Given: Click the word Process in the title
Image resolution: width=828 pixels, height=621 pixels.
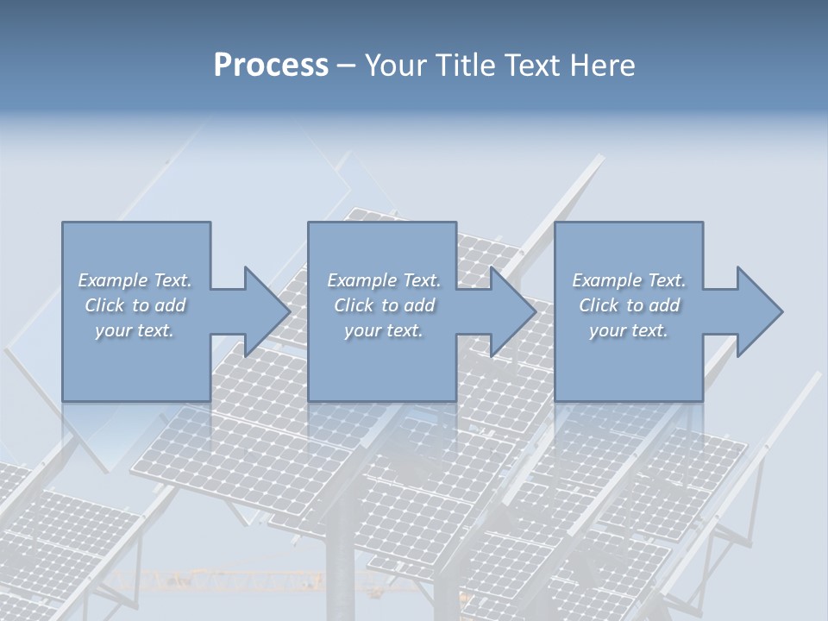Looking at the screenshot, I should [271, 66].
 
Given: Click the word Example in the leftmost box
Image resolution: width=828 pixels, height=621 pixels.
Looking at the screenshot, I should [113, 280].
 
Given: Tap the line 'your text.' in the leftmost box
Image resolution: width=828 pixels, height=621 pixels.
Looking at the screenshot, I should [135, 330].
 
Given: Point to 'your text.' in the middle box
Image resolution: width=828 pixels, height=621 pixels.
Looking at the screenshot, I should [383, 330].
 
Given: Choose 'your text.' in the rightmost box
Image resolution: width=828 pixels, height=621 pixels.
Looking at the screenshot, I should [629, 330].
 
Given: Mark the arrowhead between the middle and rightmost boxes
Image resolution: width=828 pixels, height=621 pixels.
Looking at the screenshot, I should [511, 311].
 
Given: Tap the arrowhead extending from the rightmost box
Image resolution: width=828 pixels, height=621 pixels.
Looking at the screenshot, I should [758, 311].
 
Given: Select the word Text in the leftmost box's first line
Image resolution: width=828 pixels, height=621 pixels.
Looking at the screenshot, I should [172, 280].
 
